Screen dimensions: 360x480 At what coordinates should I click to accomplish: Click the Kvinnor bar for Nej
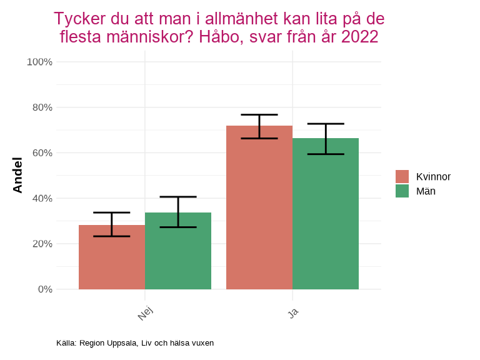(112, 257)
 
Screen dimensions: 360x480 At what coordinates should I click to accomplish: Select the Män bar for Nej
(178, 251)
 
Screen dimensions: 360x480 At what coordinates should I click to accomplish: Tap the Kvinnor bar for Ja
(259, 207)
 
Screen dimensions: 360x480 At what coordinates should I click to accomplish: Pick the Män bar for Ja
(326, 214)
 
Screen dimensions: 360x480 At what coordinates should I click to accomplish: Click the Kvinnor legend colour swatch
(402, 177)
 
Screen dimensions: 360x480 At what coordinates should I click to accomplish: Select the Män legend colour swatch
(402, 191)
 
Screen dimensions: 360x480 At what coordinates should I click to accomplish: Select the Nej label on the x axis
(146, 313)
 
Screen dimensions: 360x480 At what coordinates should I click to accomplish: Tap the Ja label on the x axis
(293, 312)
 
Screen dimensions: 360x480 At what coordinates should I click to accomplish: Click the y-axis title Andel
(17, 176)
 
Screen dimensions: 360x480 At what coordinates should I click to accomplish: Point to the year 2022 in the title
(359, 37)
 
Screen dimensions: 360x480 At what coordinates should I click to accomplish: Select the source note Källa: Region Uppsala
(135, 343)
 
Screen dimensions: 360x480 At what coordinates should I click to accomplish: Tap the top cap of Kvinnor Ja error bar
(259, 115)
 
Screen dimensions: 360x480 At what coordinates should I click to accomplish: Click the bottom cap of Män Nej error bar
(178, 227)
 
